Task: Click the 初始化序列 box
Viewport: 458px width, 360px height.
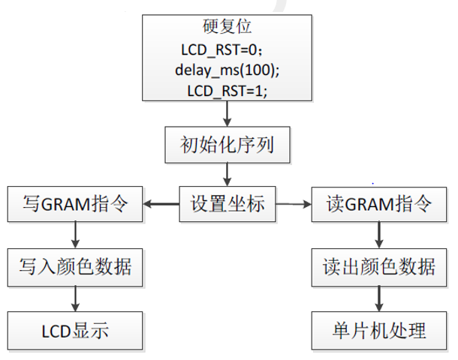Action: tap(227, 143)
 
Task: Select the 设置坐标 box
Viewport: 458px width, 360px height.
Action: tap(227, 203)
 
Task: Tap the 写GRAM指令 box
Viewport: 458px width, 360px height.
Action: tap(74, 203)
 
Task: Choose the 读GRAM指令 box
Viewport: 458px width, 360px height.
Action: tap(380, 203)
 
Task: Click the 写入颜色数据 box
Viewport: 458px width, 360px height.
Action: tap(74, 265)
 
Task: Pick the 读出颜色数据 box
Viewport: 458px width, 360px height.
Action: tap(380, 265)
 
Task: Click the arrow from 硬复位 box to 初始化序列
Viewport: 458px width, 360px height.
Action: tap(227, 113)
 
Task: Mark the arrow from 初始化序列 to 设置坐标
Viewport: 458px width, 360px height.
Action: tap(227, 173)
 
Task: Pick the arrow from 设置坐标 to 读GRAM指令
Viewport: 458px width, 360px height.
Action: tap(294, 203)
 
